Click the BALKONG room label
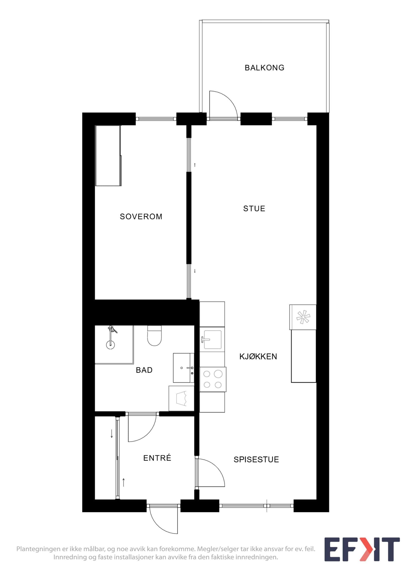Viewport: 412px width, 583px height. [x=264, y=68]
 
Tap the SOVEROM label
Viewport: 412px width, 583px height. [x=141, y=217]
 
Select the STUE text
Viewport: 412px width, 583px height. [x=254, y=209]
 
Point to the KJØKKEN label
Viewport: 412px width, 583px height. [x=258, y=357]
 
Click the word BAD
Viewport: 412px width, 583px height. [x=144, y=370]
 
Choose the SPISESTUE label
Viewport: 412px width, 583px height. [x=256, y=459]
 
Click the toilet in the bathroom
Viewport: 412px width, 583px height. [x=154, y=336]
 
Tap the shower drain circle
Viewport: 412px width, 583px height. [x=110, y=344]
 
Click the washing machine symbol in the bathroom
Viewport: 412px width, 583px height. [x=181, y=398]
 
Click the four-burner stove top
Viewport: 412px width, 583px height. [x=213, y=379]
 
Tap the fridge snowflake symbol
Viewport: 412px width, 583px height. [x=303, y=317]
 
